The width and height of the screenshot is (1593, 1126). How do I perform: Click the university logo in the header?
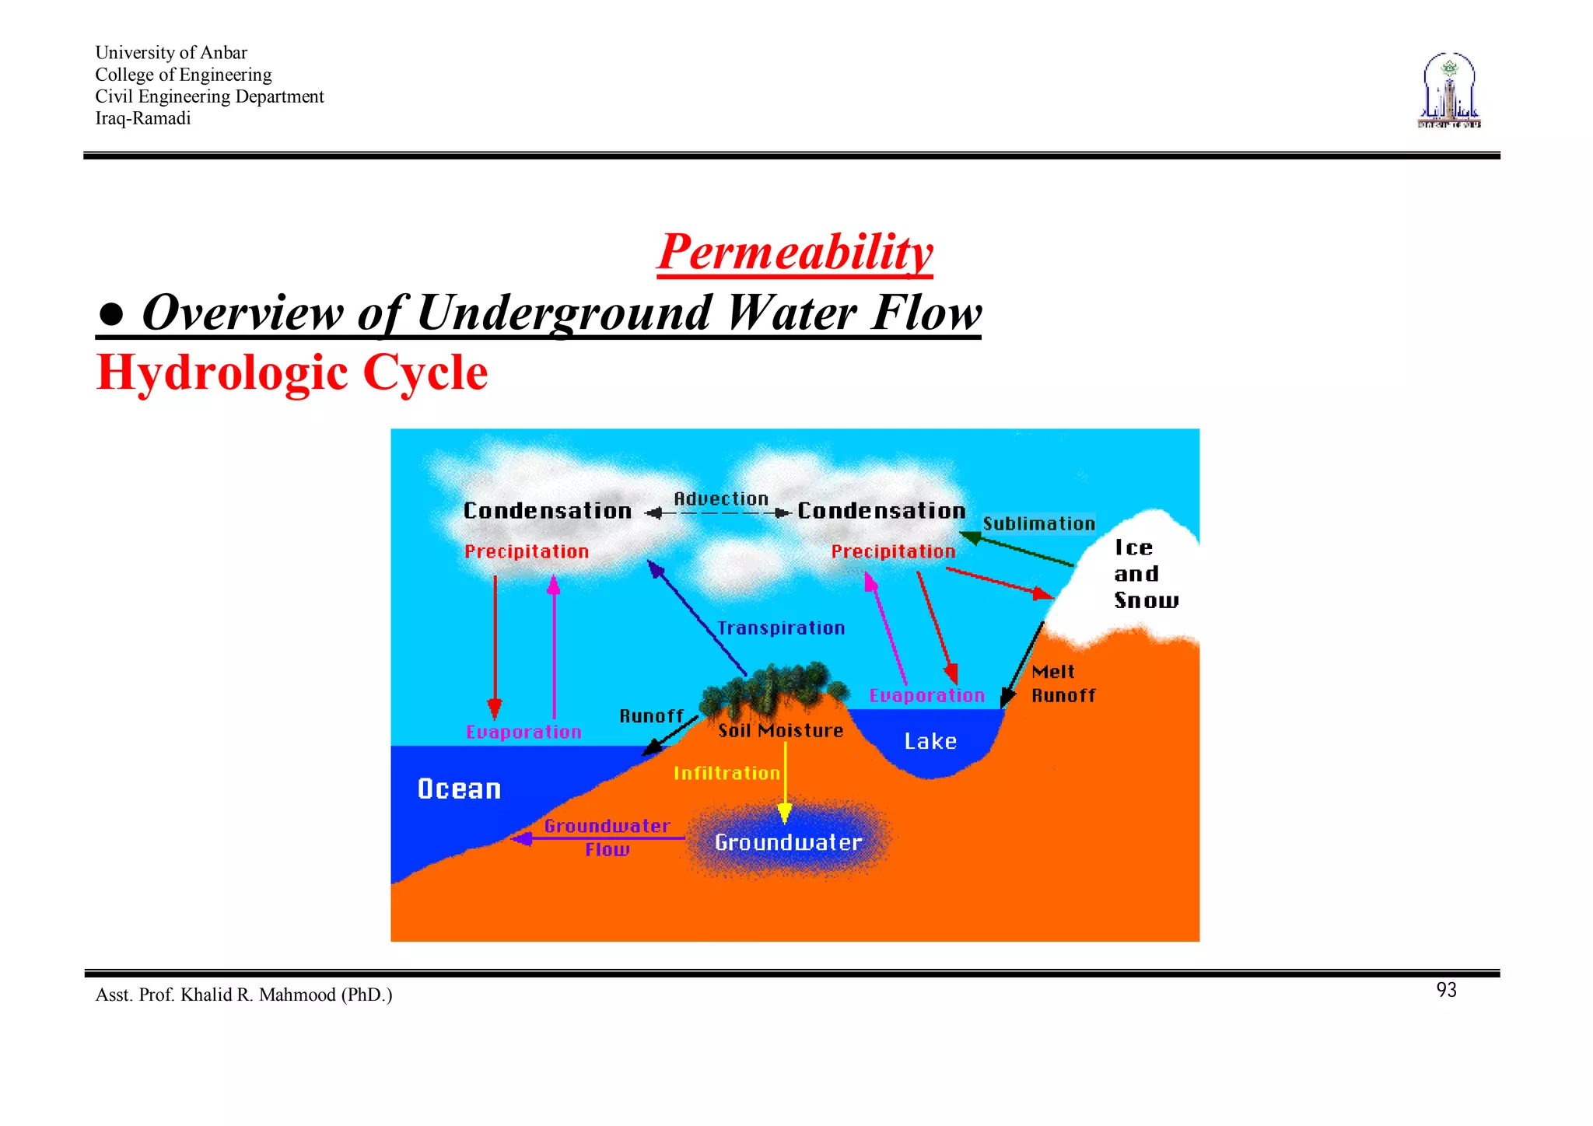tap(1449, 91)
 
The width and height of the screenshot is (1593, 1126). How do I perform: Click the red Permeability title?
tap(794, 252)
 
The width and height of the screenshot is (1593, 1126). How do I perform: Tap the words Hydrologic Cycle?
tap(292, 372)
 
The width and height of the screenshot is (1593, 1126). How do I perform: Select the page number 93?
tap(1446, 990)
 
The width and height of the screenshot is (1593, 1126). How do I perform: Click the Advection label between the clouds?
tap(720, 498)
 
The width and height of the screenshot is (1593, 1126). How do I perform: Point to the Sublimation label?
tap(1038, 523)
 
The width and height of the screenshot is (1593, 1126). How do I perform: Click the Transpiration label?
tap(780, 628)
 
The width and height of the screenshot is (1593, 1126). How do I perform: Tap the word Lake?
tap(930, 741)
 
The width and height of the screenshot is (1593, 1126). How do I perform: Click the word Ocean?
tap(459, 789)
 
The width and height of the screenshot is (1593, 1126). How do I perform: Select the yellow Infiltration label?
tap(726, 773)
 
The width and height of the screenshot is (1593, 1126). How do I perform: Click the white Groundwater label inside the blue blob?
tap(788, 842)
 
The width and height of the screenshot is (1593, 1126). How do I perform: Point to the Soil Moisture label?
tap(780, 730)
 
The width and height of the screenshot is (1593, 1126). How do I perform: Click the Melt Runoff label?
tap(1063, 684)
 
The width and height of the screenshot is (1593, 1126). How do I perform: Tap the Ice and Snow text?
tap(1145, 574)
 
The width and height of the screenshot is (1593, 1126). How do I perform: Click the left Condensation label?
tap(547, 511)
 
